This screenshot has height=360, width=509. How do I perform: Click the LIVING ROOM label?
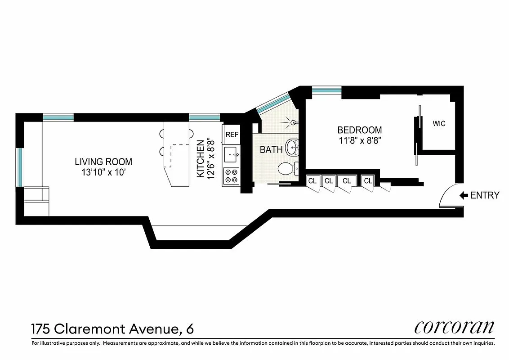click(x=103, y=162)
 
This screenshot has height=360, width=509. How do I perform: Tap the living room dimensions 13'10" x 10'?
click(x=103, y=171)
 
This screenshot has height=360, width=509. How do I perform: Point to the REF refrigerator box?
click(x=232, y=135)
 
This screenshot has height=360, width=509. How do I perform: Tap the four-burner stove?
click(x=232, y=175)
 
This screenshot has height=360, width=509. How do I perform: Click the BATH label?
click(x=271, y=150)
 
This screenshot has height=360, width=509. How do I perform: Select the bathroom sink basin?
click(x=293, y=147)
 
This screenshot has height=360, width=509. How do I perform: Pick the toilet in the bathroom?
click(x=286, y=169)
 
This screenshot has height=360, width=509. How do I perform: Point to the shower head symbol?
click(x=292, y=122)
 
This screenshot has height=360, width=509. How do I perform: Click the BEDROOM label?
click(x=360, y=130)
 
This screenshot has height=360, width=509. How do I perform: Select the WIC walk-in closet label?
click(x=439, y=123)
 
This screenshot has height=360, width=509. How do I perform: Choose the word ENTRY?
click(x=485, y=195)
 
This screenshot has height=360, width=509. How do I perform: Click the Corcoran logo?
click(x=454, y=327)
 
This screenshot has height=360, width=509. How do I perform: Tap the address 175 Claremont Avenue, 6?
click(x=112, y=329)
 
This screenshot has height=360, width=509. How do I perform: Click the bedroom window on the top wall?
click(x=326, y=90)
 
